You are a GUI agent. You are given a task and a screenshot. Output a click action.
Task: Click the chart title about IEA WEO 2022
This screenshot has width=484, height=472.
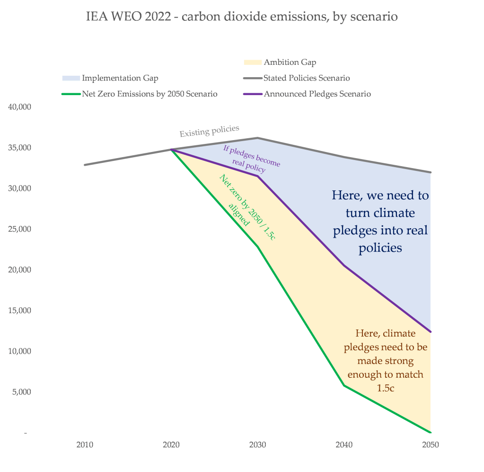[242, 17]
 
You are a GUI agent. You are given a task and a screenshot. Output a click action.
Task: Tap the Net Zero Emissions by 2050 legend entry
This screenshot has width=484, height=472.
[150, 94]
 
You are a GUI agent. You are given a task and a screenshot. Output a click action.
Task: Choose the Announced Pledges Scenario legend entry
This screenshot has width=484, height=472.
[317, 94]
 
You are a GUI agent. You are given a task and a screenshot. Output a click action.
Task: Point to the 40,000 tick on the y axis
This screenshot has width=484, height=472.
[20, 107]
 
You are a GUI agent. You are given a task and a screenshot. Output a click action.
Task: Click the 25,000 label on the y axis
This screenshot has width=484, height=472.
[20, 229]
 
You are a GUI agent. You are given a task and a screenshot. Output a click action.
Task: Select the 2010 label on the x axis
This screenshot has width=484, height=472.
[85, 445]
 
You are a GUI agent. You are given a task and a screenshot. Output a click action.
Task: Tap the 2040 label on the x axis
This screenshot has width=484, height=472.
[344, 445]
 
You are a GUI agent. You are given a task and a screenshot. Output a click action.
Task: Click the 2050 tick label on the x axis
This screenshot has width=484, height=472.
[431, 445]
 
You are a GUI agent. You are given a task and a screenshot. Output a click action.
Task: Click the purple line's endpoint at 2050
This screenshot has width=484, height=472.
[431, 332]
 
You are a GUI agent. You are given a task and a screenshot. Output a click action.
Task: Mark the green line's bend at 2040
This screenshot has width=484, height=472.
[344, 385]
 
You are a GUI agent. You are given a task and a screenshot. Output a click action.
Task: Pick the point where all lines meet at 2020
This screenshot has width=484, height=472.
[171, 150]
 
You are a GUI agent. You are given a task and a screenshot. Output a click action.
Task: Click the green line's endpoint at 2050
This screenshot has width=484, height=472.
[431, 432]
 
